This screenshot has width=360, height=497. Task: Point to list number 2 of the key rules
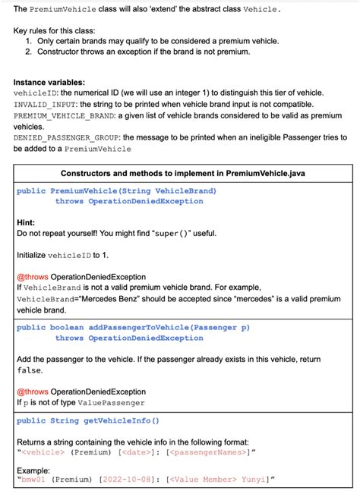(29, 52)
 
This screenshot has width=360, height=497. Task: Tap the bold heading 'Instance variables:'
(49, 81)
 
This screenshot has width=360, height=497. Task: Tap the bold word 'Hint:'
(26, 223)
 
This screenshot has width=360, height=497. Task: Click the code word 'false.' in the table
(31, 370)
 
